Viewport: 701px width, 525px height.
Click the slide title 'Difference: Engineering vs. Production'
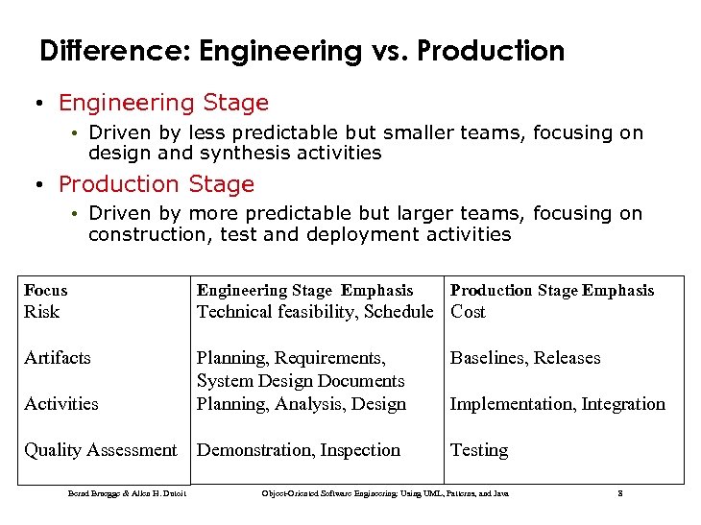point(302,51)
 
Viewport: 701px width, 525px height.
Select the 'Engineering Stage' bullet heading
point(163,103)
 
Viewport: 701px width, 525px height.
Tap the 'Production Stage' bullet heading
point(157,183)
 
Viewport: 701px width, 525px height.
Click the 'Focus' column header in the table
point(46,290)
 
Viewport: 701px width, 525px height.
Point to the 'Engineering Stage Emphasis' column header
point(304,290)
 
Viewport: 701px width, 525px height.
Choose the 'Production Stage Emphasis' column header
point(552,290)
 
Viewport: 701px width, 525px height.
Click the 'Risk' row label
point(42,312)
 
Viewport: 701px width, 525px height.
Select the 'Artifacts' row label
point(58,358)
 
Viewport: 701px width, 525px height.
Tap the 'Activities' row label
point(61,404)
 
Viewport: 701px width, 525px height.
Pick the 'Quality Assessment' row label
point(101,450)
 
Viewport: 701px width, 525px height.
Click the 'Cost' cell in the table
point(468,312)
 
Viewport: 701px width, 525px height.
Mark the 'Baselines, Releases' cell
point(525,358)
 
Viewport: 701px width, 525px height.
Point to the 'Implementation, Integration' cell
point(557,404)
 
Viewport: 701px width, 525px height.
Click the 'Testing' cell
point(479,450)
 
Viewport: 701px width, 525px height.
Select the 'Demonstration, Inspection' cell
point(299,450)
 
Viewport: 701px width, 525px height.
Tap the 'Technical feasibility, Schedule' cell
point(315,312)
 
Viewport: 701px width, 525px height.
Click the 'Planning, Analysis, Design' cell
point(302,404)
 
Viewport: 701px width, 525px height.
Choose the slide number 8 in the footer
point(620,493)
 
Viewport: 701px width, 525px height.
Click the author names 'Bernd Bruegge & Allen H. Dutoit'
point(127,493)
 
